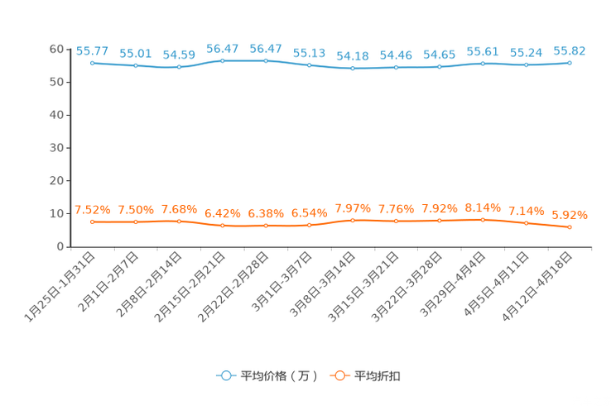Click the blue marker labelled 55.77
[92, 62]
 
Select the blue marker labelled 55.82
[570, 62]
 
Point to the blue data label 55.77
[91, 50]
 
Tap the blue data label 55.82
[570, 50]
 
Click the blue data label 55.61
[483, 51]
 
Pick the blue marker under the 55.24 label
[526, 64]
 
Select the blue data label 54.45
[396, 55]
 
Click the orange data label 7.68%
[179, 209]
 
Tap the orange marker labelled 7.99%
[353, 221]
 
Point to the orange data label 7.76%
[396, 209]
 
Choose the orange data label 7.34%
[526, 212]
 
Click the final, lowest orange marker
[570, 226]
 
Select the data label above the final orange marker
[570, 215]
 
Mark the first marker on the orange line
[92, 222]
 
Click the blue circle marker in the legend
[226, 375]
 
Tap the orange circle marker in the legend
[339, 375]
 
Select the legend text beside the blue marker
[278, 376]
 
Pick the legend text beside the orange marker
[378, 376]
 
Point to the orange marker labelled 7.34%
[526, 223]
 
